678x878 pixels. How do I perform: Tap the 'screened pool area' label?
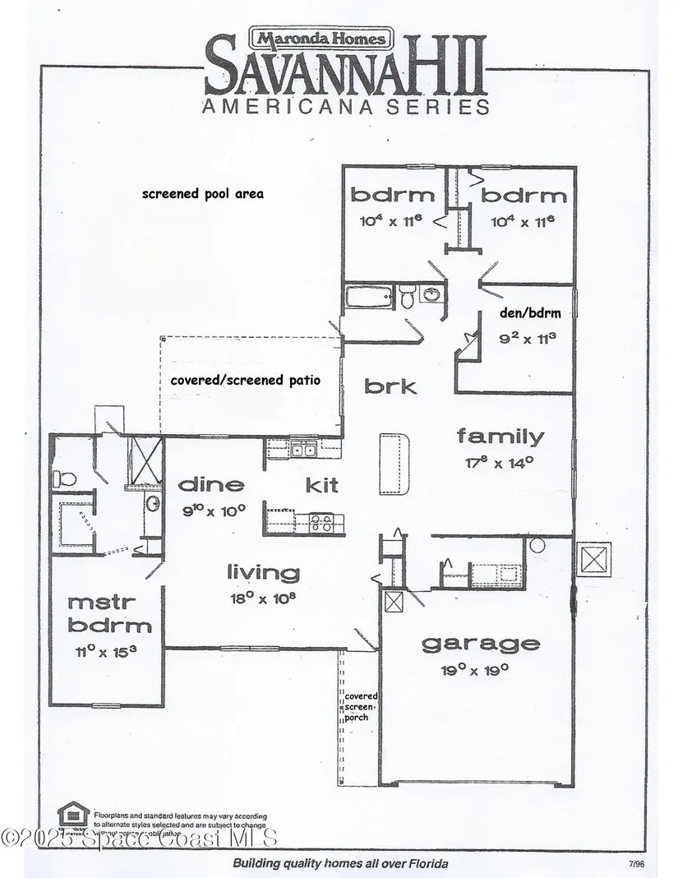(202, 194)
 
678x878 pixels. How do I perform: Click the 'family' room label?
(500, 437)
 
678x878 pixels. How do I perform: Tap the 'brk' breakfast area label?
(391, 386)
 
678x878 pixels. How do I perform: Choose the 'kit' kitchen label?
(321, 485)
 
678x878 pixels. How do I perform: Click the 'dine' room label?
(212, 484)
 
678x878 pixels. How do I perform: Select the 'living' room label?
(263, 572)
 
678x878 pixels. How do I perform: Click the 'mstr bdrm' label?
(109, 613)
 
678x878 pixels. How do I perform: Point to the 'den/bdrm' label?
(524, 312)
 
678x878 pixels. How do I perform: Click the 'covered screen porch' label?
(360, 706)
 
